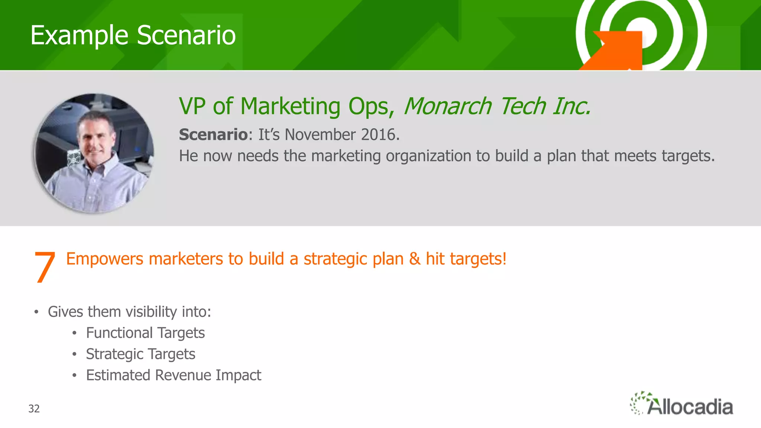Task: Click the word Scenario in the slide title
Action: click(186, 36)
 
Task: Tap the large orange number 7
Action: click(45, 267)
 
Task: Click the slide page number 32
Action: click(34, 409)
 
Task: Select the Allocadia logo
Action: click(682, 404)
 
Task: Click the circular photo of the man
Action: click(94, 153)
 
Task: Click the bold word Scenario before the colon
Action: click(213, 135)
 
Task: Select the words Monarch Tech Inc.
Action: click(497, 106)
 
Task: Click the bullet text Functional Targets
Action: click(145, 333)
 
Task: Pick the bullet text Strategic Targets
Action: click(140, 354)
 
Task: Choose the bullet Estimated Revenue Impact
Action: click(174, 376)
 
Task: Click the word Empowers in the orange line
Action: click(104, 259)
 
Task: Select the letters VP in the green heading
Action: click(192, 106)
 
